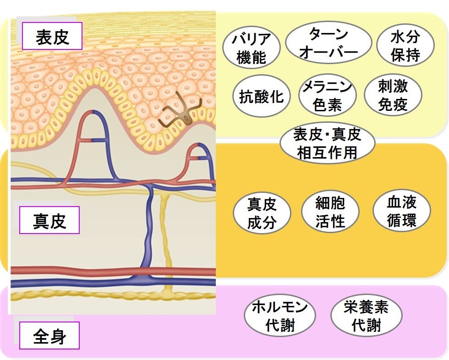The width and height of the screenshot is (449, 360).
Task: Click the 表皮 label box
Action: (x=52, y=36)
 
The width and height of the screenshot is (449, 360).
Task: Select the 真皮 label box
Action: (x=49, y=221)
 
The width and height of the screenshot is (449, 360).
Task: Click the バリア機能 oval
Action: (x=252, y=49)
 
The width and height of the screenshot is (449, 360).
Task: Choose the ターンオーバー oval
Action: (x=328, y=43)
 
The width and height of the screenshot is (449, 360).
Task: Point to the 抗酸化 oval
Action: (x=261, y=96)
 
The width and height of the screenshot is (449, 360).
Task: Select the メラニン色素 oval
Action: (x=327, y=97)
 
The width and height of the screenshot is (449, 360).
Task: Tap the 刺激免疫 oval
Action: (x=393, y=96)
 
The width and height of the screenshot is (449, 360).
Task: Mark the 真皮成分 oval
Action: (x=262, y=214)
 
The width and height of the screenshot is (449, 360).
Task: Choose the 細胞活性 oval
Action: (x=330, y=212)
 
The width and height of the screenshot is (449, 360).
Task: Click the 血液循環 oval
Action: (x=402, y=211)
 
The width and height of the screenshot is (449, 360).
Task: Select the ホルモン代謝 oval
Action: (x=280, y=316)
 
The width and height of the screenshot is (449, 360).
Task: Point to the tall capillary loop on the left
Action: (x=92, y=137)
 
